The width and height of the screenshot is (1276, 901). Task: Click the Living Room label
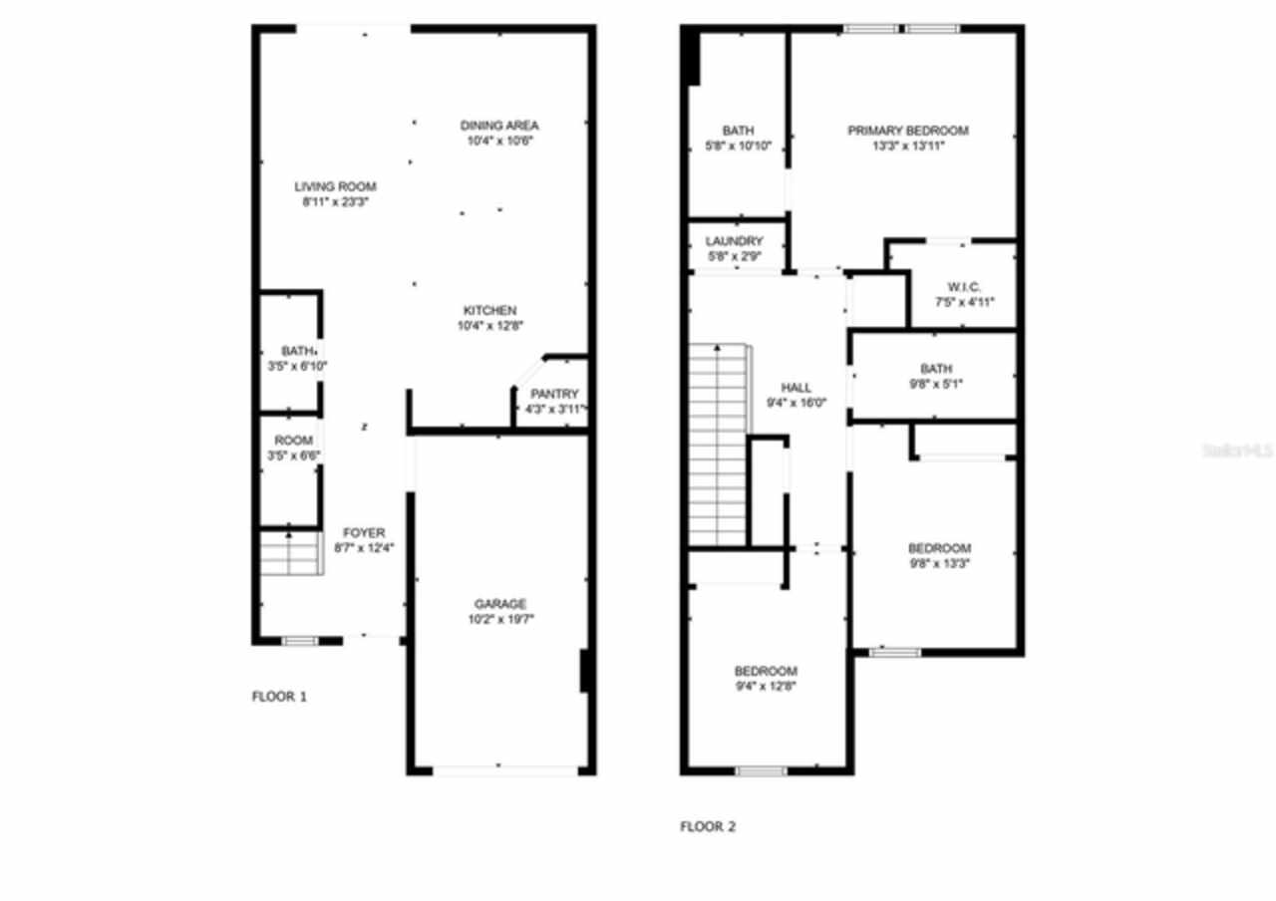[335, 186]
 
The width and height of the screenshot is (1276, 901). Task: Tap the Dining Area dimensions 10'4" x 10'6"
[499, 142]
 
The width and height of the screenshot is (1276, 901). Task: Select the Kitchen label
[487, 310]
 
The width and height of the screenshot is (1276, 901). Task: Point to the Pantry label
[553, 395]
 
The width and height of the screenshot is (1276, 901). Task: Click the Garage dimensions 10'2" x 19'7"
[500, 619]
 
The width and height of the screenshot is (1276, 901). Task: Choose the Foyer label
[364, 533]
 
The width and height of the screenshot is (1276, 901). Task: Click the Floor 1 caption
[279, 697]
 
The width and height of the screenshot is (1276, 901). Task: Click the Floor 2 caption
[708, 826]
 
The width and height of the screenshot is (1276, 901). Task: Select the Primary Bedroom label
[907, 131]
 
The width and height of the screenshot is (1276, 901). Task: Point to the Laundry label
[734, 241]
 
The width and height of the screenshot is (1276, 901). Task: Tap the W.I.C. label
[964, 287]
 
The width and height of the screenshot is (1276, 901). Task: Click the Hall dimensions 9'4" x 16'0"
[796, 403]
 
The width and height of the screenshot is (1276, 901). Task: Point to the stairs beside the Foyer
[289, 554]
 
